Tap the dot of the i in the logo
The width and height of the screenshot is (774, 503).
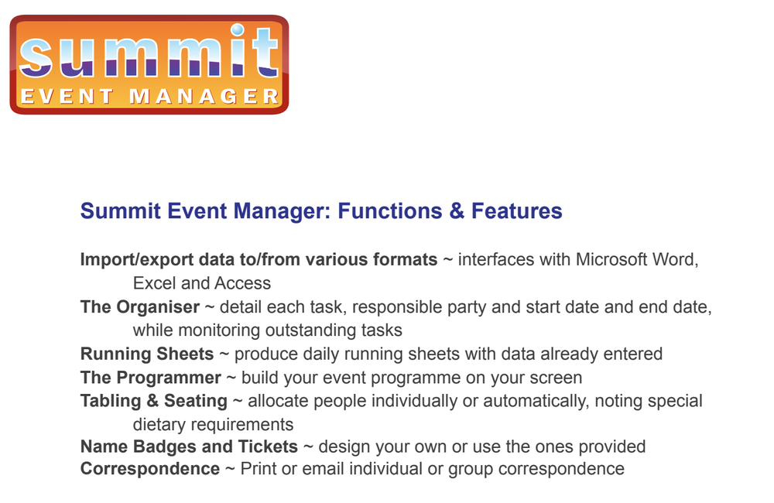click(238, 30)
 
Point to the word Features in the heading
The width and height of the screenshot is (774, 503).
click(517, 210)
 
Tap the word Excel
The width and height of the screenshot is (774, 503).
click(155, 283)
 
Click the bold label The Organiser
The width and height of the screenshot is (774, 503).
click(140, 307)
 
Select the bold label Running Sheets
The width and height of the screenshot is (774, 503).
click(147, 354)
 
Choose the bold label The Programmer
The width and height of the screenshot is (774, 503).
click(151, 378)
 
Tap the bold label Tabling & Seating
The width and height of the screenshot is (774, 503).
click(154, 401)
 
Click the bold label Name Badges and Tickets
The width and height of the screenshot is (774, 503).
click(189, 447)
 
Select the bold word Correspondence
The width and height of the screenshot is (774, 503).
click(150, 469)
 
